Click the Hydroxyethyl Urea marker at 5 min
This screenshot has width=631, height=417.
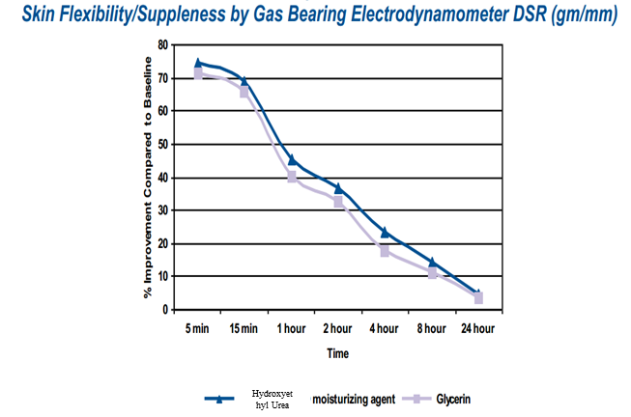[198, 64]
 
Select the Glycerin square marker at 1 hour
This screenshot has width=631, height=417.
[292, 178]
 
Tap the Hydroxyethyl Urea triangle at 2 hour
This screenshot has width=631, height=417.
[338, 188]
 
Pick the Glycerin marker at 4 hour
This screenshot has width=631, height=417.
[385, 251]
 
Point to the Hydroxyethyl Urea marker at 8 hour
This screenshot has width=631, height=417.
[432, 263]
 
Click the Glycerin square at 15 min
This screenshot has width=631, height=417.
[244, 93]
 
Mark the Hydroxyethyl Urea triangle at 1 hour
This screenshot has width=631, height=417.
[292, 160]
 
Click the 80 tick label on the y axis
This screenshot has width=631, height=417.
[162, 44]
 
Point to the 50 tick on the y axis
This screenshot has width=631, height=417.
[162, 144]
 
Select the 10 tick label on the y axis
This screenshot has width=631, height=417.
[162, 276]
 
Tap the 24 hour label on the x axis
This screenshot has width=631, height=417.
[477, 329]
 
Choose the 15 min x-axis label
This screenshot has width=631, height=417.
[244, 329]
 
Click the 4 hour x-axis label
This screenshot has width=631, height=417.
[384, 329]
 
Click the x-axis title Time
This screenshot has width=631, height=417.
[336, 353]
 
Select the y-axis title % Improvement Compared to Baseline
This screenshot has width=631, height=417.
[148, 177]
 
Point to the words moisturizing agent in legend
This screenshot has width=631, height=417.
[353, 399]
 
